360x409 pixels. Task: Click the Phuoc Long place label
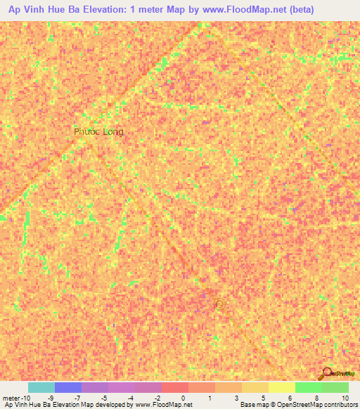tap(98, 131)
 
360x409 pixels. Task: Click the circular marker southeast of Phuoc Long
tap(219, 304)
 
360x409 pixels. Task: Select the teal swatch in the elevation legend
tap(41, 387)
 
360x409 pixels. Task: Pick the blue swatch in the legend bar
tap(68, 387)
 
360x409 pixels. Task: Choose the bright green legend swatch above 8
tap(309, 387)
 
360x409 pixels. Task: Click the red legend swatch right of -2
tap(175, 387)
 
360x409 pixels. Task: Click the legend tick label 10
tap(345, 397)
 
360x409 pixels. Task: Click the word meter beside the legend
tap(13, 397)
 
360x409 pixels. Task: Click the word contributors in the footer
tap(339, 405)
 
